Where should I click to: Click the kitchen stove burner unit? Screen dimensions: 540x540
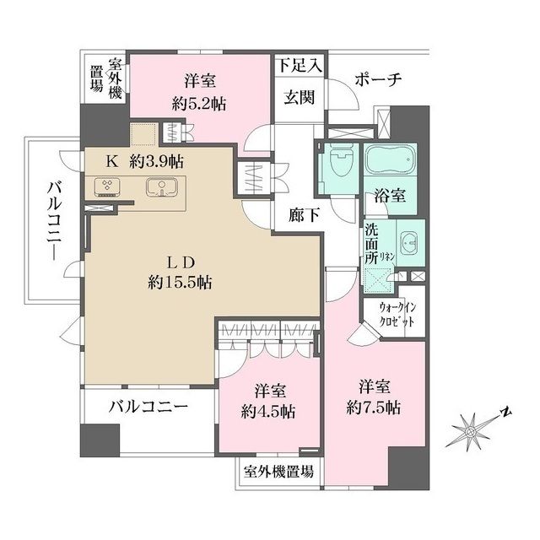(x=108, y=186)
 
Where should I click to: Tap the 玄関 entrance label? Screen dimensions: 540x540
(x=298, y=97)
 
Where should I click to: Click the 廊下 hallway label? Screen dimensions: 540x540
(x=303, y=215)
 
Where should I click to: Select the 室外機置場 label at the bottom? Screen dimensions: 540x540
(x=278, y=472)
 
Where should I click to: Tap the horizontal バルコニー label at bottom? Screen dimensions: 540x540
(x=148, y=407)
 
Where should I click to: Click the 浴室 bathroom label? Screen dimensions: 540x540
(x=389, y=197)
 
